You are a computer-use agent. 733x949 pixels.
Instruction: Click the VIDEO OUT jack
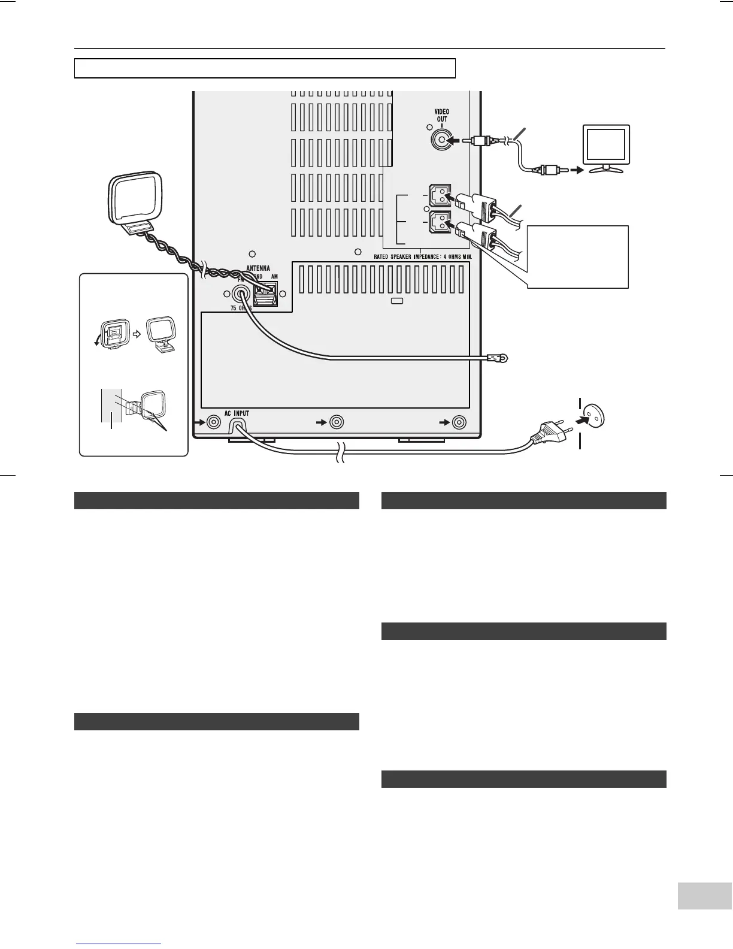tap(442, 141)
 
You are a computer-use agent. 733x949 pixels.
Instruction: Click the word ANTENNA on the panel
tap(259, 268)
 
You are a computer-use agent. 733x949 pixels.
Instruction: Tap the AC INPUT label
tap(237, 414)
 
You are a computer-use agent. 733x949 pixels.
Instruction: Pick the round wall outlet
tap(592, 415)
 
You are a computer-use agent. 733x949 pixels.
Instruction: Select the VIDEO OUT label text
tap(442, 115)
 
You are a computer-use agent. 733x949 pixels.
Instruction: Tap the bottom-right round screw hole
tap(459, 422)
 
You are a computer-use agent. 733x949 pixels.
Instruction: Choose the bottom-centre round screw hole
tap(337, 422)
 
